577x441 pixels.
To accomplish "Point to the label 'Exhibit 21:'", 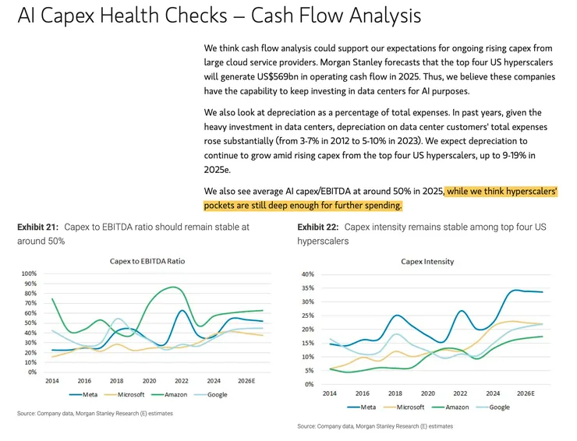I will pos(38,228).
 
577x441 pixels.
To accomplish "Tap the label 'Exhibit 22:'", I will pos(318,228).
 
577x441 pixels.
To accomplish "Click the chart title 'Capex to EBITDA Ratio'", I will pos(147,261).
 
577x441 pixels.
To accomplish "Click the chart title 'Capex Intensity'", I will pos(427,262).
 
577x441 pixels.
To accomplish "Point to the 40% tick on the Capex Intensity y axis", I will pos(307,274).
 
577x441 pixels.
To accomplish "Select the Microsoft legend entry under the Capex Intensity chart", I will pos(406,407).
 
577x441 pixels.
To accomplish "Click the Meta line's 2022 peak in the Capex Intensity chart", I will pos(461,311).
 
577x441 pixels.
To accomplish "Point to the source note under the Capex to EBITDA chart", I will pos(94,414).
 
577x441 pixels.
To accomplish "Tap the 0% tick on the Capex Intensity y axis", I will pos(309,384).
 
